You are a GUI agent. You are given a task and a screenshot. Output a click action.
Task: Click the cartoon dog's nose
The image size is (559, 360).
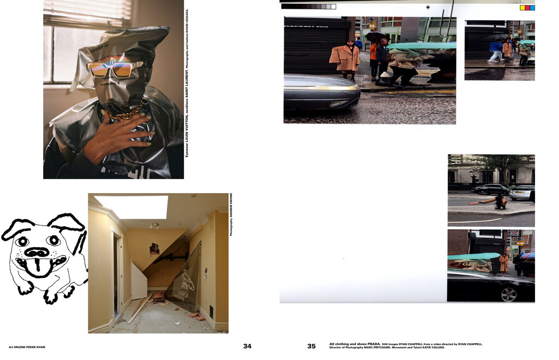point(37,252)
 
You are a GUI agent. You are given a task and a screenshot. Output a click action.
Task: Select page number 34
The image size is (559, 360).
point(247,346)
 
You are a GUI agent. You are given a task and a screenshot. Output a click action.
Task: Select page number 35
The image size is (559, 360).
point(311,346)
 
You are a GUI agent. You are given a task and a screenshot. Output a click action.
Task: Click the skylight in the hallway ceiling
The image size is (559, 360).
point(131,207)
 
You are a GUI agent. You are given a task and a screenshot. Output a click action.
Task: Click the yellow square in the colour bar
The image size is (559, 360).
point(522,8)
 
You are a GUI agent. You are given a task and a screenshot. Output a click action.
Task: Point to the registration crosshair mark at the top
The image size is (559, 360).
point(428,8)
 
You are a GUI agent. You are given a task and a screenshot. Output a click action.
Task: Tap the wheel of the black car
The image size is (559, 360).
point(509,295)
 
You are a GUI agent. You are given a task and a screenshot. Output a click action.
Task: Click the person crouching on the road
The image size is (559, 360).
point(499,202)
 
